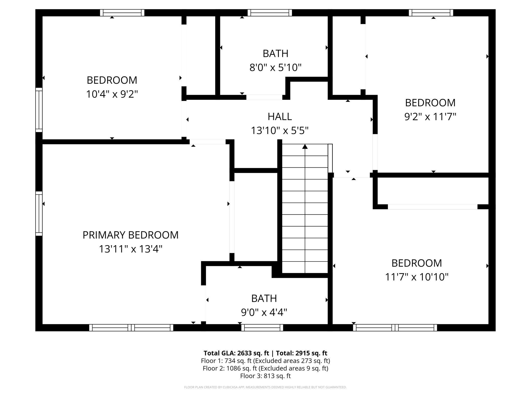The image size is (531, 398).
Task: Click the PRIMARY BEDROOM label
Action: coord(130,235)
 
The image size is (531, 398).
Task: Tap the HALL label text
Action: coord(280,117)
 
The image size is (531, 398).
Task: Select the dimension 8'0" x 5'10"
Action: coord(275,68)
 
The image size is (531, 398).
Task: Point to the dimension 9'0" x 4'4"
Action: coord(264,312)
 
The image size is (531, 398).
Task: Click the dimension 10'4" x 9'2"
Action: coord(112,94)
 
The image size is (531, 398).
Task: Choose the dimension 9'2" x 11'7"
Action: coord(430,117)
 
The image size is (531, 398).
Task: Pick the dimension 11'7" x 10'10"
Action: coord(417,277)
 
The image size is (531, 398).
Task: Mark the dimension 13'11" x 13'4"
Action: coord(130,249)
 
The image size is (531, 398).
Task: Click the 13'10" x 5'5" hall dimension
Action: coord(280,131)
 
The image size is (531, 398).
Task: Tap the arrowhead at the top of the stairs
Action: coord(305,146)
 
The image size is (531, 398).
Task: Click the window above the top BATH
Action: coord(270,13)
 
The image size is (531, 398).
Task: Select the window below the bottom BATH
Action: coord(262,328)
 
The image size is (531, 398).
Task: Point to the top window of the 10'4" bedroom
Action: coord(122,13)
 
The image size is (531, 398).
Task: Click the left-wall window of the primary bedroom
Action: coord(39,214)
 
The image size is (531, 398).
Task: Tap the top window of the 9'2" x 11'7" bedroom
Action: coord(431,13)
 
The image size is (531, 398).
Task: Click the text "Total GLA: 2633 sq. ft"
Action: coord(236,353)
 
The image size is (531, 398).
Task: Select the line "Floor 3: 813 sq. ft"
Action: coord(265,376)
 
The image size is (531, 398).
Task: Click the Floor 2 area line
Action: coord(265,368)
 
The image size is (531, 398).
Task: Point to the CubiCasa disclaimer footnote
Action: coord(265,387)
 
